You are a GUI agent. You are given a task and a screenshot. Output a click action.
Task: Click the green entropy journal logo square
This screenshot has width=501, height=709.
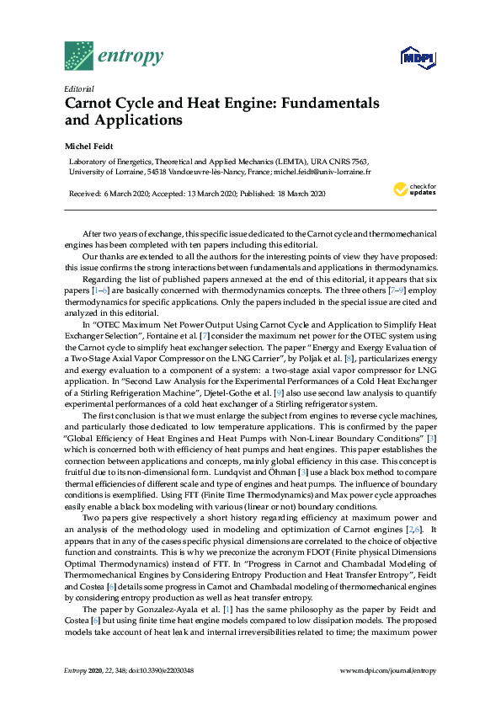coord(79,56)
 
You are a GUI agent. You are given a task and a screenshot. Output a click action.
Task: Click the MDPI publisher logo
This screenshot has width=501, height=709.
coord(418,58)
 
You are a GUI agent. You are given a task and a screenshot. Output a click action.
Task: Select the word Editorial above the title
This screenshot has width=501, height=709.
coord(78,88)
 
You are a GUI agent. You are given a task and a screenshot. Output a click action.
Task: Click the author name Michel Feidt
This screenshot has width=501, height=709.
coord(88,146)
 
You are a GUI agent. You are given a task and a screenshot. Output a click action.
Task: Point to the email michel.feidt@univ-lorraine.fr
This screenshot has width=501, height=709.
coord(322,171)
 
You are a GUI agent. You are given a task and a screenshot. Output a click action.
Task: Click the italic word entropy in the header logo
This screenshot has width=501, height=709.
coord(131,56)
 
